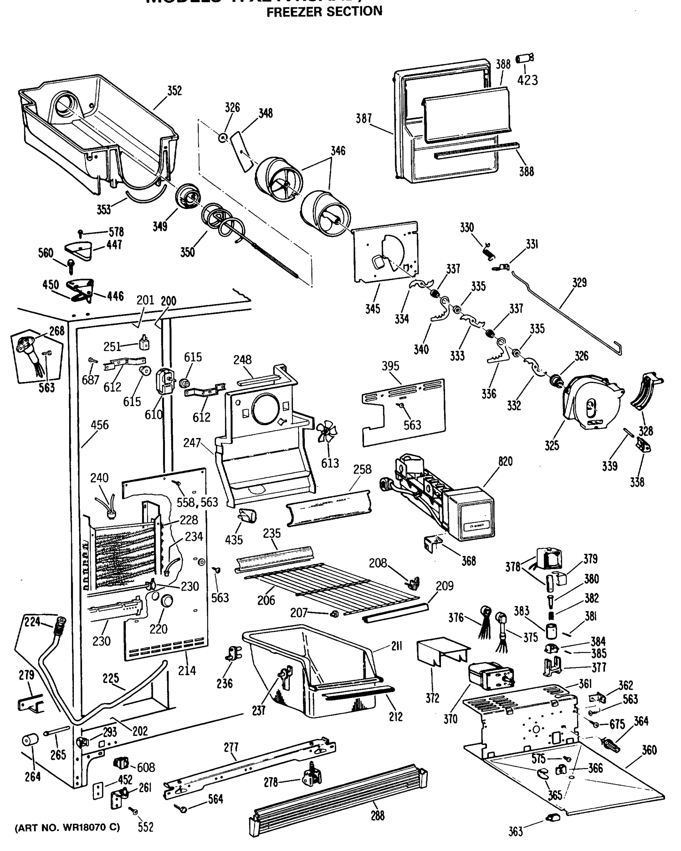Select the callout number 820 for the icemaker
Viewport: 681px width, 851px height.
point(505,461)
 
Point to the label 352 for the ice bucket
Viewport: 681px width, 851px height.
point(174,91)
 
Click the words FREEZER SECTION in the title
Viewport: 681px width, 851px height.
point(324,12)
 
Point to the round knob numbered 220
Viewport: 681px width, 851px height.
point(167,601)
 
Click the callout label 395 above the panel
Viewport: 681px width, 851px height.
point(390,366)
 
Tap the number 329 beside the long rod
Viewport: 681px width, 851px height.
point(579,283)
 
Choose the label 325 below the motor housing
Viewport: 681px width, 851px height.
point(552,446)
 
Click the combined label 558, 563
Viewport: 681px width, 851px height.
point(198,502)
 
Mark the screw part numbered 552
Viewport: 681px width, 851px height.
point(134,811)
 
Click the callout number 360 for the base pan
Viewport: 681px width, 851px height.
point(649,750)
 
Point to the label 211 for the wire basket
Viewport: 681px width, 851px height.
point(396,646)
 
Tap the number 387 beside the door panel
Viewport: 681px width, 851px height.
point(364,118)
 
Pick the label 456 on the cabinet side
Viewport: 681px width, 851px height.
point(99,425)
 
